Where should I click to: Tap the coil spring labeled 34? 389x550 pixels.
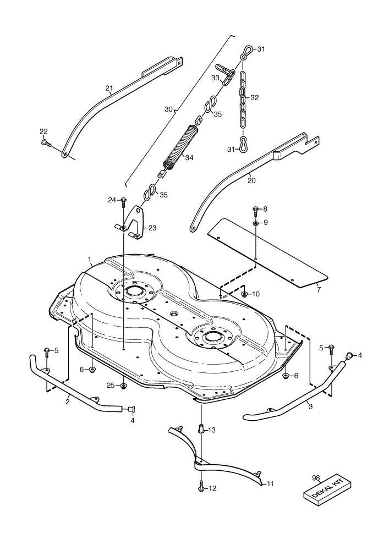tap(181, 147)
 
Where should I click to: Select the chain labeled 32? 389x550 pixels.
tap(243, 99)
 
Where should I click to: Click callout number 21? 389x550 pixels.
tap(109, 88)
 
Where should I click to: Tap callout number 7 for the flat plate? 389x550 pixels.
tap(318, 290)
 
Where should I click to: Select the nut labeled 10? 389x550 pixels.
tap(245, 294)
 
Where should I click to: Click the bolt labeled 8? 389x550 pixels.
tap(256, 210)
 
